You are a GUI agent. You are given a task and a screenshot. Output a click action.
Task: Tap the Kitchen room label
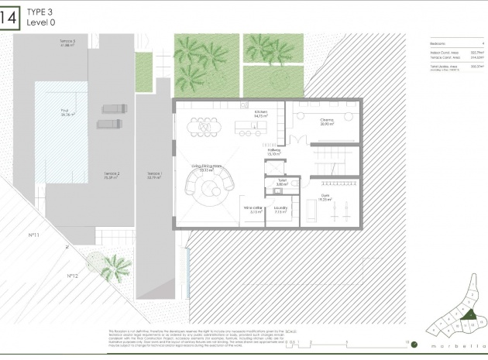point(259,115)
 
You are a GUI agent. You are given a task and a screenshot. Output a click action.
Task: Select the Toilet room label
point(282,184)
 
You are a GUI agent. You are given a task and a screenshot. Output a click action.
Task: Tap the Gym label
point(323,198)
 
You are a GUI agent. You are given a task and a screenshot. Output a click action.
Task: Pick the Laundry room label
point(281,210)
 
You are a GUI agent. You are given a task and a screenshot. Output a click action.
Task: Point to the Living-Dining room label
point(207,167)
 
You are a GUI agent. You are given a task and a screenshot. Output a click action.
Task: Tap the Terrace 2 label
point(112,175)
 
